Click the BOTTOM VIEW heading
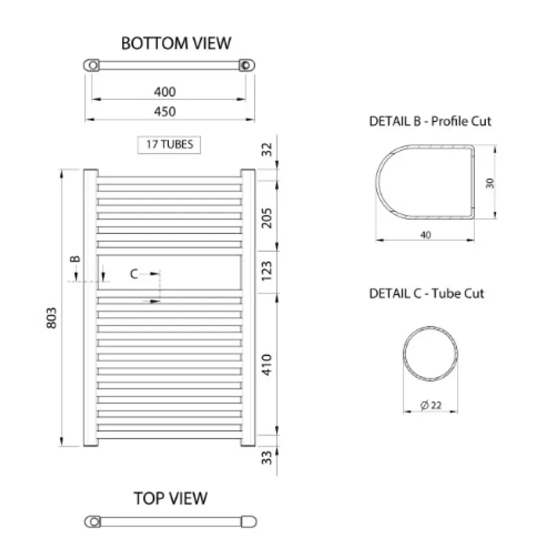click(176, 43)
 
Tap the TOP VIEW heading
click(170, 498)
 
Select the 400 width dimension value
click(165, 92)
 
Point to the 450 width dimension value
click(165, 112)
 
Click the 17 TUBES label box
click(169, 145)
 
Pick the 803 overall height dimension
click(51, 318)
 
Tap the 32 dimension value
click(267, 149)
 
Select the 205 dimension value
click(267, 218)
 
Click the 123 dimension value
click(267, 270)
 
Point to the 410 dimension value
click(267, 365)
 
